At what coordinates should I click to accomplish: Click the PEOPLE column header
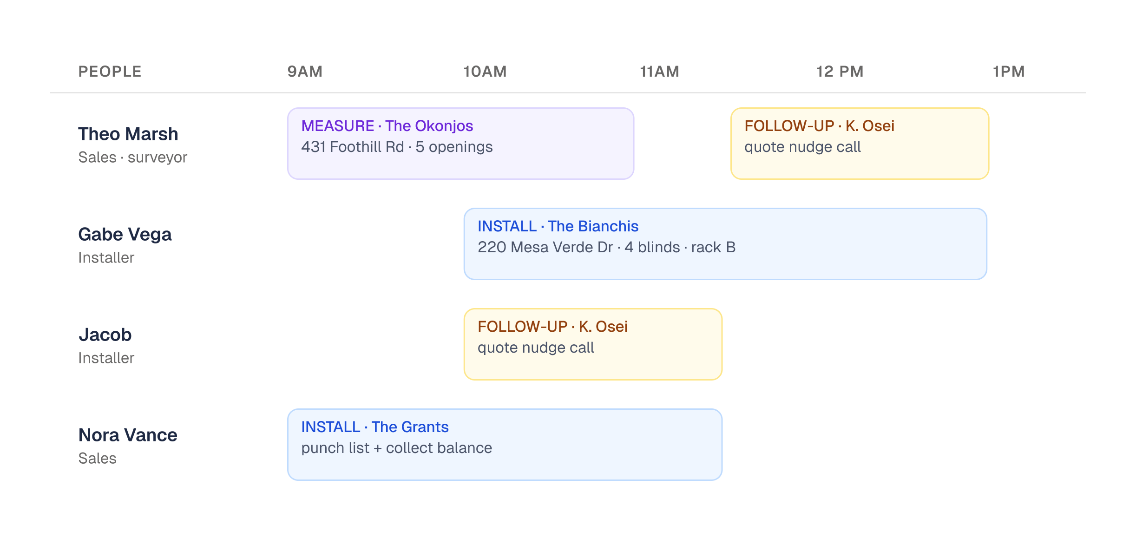click(x=110, y=72)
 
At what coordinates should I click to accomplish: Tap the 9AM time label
click(x=305, y=72)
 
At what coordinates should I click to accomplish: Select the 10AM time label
click(x=485, y=72)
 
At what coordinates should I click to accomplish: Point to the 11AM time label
click(x=659, y=72)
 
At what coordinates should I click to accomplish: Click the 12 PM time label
click(x=840, y=72)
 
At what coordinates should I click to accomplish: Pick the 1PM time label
click(x=1009, y=72)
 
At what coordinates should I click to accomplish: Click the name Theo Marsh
click(x=128, y=134)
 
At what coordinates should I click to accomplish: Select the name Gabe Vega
click(x=125, y=235)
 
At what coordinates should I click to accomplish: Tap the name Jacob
click(x=105, y=335)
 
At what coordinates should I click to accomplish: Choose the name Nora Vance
click(x=128, y=435)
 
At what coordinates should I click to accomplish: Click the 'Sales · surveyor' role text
click(x=132, y=158)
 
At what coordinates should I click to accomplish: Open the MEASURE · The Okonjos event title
click(x=387, y=126)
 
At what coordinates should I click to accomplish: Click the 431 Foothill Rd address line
click(x=397, y=147)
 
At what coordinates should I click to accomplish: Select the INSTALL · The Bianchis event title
click(x=558, y=226)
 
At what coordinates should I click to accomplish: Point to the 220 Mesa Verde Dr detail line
click(x=606, y=247)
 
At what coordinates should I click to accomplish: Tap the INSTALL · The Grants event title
click(x=375, y=427)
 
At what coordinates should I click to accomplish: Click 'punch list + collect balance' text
click(x=396, y=448)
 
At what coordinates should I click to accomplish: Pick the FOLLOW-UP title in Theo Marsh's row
click(x=819, y=126)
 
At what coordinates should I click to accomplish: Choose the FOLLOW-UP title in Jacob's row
click(x=552, y=327)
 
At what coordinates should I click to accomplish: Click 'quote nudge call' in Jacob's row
click(x=536, y=348)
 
